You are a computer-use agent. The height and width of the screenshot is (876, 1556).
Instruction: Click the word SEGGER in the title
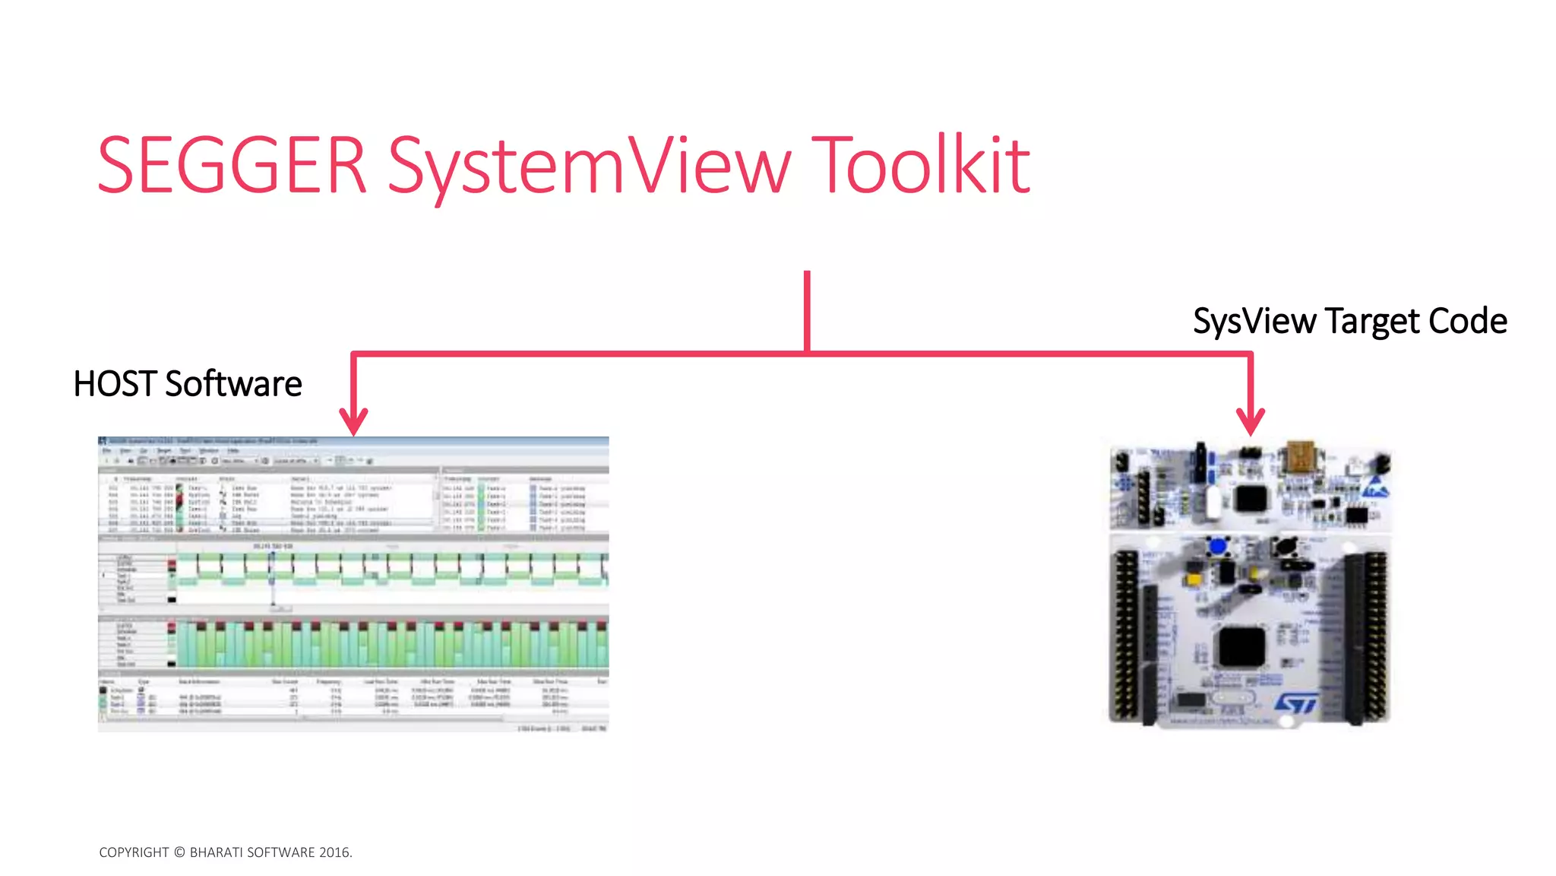click(x=232, y=165)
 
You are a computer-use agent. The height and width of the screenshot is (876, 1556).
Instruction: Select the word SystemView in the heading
click(x=590, y=167)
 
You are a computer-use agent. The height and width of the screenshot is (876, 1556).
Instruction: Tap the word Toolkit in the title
click(x=921, y=165)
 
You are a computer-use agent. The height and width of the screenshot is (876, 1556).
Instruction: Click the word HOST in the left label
click(x=115, y=384)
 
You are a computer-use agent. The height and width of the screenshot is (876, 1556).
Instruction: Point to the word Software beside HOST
click(x=233, y=384)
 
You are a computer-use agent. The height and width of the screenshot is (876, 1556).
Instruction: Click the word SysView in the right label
click(x=1254, y=321)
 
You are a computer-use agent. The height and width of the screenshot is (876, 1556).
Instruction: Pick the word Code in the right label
click(x=1468, y=321)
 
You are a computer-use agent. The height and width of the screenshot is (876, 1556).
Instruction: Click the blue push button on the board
click(x=1218, y=546)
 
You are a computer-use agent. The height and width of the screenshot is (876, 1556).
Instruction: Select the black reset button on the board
click(x=1286, y=546)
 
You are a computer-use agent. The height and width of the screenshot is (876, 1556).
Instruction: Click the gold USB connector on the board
click(x=1300, y=457)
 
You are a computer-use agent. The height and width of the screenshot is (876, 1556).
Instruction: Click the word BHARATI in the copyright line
click(x=216, y=852)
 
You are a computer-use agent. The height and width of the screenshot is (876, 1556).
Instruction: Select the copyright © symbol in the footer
click(x=179, y=852)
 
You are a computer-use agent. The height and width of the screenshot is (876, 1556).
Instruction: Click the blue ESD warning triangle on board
click(x=1375, y=487)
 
